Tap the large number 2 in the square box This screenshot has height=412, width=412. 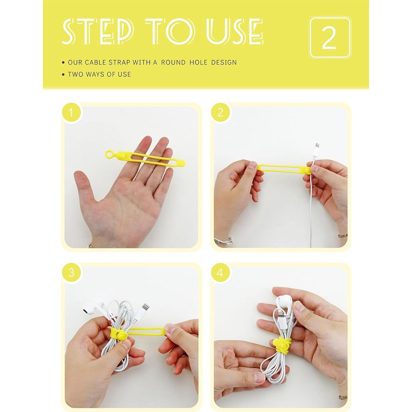[x=329, y=38]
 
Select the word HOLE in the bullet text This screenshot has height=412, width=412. [x=198, y=62]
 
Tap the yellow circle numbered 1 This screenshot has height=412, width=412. [x=71, y=112]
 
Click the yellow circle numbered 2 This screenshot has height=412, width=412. [x=220, y=112]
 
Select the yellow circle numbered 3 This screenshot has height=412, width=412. [x=71, y=273]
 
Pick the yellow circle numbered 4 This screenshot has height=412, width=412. [x=220, y=273]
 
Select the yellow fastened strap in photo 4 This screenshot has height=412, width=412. [x=281, y=344]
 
